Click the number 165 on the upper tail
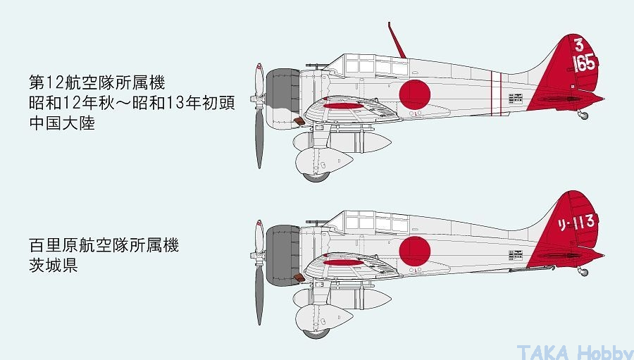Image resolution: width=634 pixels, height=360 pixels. pyautogui.click(x=584, y=63)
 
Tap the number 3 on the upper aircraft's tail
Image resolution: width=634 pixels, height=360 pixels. pyautogui.click(x=579, y=44)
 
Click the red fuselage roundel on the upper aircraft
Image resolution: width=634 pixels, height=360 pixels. pyautogui.click(x=414, y=94)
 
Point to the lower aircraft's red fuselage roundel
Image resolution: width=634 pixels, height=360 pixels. pyautogui.click(x=414, y=252)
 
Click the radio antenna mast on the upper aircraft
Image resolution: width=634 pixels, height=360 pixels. pyautogui.click(x=397, y=40)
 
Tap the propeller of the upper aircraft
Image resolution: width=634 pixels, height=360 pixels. pyautogui.click(x=259, y=116)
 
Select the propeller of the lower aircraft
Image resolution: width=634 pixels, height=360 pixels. pyautogui.click(x=259, y=273)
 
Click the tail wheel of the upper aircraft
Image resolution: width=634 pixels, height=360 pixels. pyautogui.click(x=583, y=116)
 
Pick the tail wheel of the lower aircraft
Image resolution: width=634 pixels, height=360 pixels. pyautogui.click(x=583, y=272)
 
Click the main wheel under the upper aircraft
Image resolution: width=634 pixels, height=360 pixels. pyautogui.click(x=316, y=177)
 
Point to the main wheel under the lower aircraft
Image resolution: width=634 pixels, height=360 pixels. pyautogui.click(x=316, y=334)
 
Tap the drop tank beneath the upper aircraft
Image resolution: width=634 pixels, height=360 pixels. pyautogui.click(x=342, y=142)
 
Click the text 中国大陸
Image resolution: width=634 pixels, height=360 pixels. pyautogui.click(x=62, y=123)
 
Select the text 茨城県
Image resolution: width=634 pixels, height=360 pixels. pyautogui.click(x=54, y=266)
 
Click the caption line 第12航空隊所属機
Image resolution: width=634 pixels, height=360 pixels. pyautogui.click(x=97, y=82)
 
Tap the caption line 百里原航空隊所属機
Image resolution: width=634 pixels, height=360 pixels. pyautogui.click(x=104, y=245)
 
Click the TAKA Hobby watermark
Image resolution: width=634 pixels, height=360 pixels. pyautogui.click(x=575, y=352)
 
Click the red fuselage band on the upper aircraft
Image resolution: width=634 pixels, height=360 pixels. pyautogui.click(x=496, y=94)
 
